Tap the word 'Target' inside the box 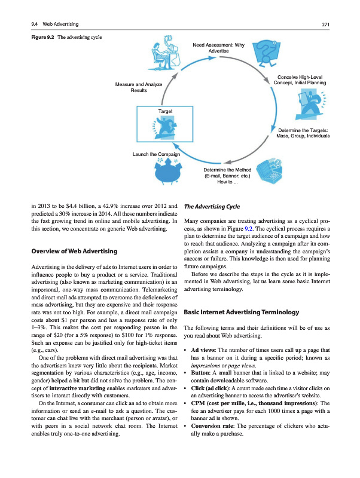coord(166,112)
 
